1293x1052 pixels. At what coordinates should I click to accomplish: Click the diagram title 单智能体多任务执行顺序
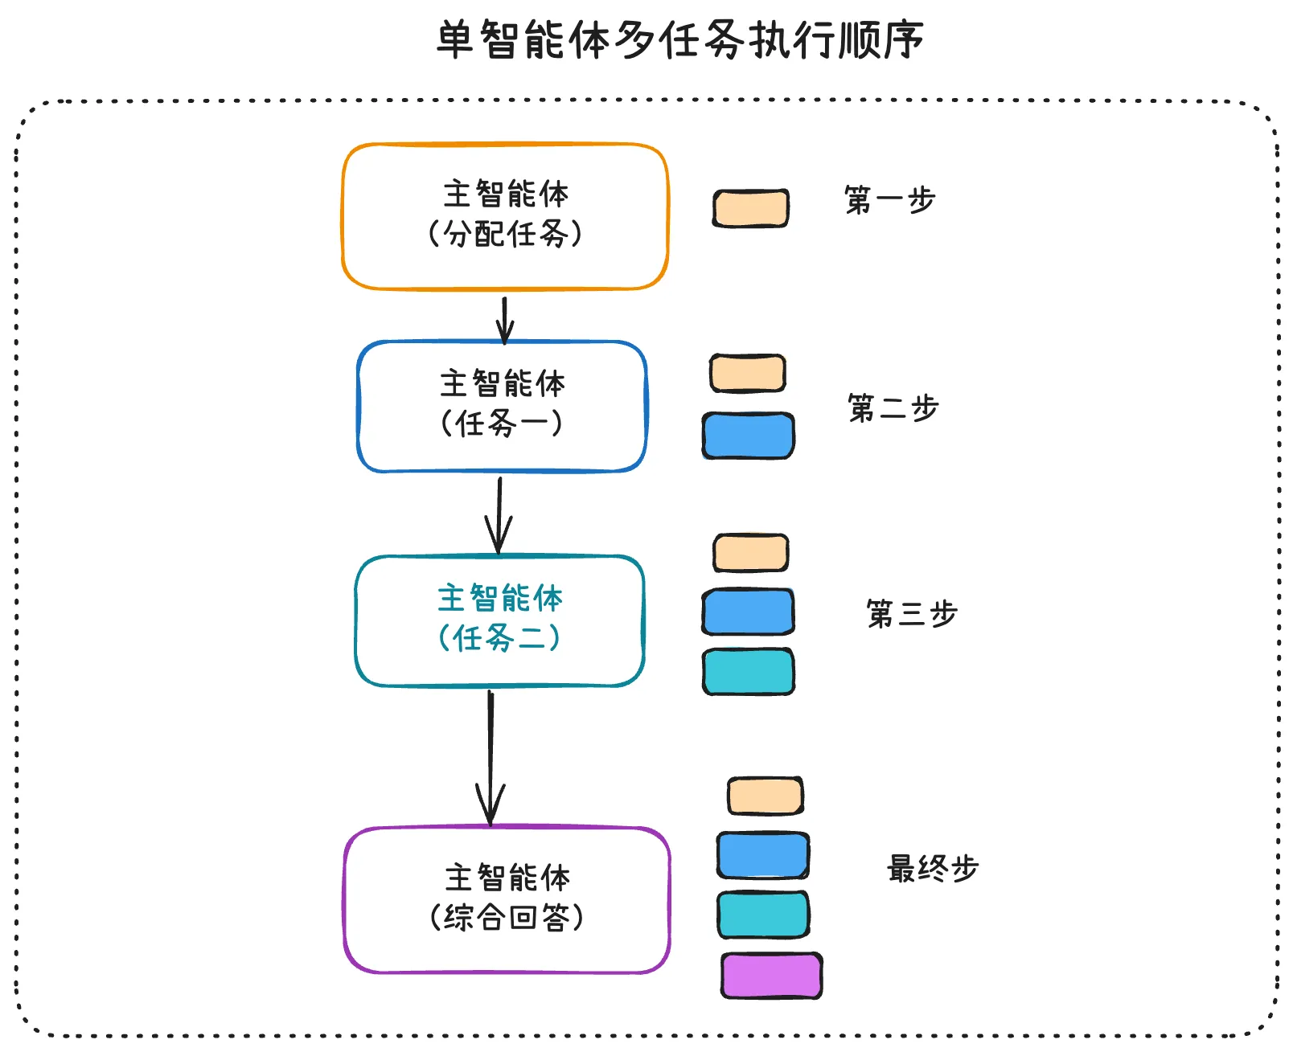[679, 40]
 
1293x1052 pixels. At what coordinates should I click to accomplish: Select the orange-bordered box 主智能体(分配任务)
[505, 215]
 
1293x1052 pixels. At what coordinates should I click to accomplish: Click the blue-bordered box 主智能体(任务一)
[502, 405]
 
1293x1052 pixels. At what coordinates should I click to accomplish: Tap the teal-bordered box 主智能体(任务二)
[499, 620]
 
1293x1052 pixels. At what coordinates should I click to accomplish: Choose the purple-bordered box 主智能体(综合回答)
[507, 898]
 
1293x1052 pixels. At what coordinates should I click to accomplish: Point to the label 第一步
[889, 200]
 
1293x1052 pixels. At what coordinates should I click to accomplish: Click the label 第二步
[893, 408]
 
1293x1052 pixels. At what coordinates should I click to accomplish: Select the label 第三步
[911, 614]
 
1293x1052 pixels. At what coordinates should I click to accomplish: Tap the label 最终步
[932, 869]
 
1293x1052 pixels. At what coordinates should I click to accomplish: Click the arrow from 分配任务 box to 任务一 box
[504, 319]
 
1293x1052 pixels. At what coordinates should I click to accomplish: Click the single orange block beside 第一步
[750, 208]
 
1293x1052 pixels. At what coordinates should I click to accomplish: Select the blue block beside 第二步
[748, 436]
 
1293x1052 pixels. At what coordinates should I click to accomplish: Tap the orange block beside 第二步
[747, 374]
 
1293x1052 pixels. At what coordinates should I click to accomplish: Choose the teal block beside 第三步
[748, 672]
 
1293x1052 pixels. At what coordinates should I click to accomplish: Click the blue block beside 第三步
[748, 612]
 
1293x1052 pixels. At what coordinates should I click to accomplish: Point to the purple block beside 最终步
[771, 976]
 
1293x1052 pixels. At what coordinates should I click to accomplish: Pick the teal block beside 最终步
[763, 915]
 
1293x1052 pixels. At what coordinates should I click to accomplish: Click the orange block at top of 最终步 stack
[765, 796]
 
